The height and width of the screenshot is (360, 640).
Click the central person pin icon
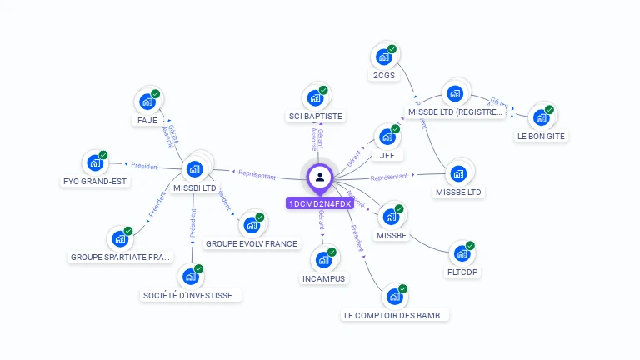click(319, 177)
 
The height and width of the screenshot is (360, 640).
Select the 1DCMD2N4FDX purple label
click(319, 203)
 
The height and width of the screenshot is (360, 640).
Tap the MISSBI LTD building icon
click(196, 169)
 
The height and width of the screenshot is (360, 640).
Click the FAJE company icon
click(147, 102)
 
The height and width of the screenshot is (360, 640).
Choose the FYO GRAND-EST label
click(96, 182)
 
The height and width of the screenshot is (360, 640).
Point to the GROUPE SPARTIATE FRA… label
click(121, 257)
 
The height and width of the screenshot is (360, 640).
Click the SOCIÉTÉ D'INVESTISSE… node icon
click(191, 273)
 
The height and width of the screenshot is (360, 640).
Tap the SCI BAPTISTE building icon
click(316, 97)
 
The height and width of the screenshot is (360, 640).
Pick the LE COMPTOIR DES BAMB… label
click(396, 315)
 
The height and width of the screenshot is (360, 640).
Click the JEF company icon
click(387, 137)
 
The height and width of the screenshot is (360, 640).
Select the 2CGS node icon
click(383, 57)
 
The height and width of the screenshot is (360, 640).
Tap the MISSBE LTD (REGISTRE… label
click(454, 112)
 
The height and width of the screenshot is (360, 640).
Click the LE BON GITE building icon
click(541, 117)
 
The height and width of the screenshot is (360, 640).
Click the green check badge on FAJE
click(156, 93)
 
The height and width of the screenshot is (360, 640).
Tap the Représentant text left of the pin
click(257, 174)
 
